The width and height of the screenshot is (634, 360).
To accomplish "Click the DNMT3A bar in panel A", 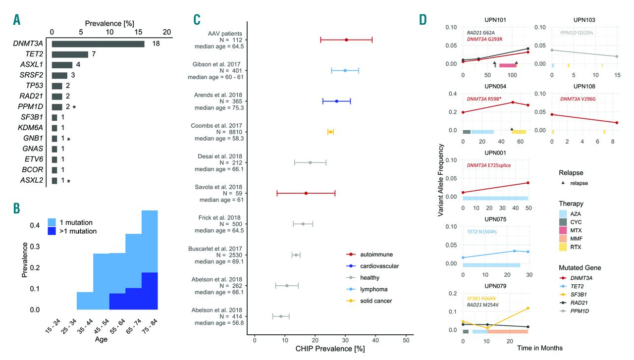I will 98,44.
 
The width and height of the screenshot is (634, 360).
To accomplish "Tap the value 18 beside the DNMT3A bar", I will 157,44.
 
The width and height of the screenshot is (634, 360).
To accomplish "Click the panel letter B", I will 17,208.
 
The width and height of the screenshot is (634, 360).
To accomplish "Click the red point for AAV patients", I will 346,40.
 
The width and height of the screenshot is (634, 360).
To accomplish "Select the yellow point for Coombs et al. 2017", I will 330,132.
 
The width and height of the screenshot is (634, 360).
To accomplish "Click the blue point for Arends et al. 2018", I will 336,101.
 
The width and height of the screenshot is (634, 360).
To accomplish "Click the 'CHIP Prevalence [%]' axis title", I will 330,349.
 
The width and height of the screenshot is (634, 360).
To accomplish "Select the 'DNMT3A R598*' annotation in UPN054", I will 484,99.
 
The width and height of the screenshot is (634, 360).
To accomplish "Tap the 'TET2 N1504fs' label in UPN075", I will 486,232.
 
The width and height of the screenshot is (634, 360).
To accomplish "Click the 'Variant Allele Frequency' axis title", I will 440,180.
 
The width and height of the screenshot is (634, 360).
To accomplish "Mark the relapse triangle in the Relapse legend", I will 564,183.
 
